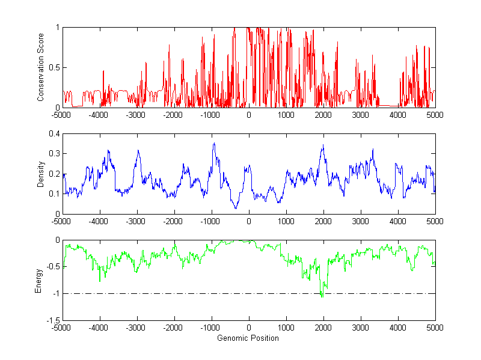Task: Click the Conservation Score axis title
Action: pos(40,67)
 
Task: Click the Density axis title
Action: pos(40,174)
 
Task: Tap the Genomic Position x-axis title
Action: pos(248,338)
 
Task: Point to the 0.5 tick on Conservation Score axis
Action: pos(54,67)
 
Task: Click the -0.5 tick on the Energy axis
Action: pos(52,267)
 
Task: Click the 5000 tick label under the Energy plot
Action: pos(435,328)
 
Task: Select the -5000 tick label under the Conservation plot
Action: pos(61,114)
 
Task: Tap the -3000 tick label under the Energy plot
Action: pos(136,328)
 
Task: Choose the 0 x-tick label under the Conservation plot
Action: pos(248,114)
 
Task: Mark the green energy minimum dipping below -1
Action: pos(322,296)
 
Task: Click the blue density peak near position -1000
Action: pos(214,144)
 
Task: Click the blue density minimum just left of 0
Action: pos(236,208)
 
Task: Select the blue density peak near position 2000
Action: pos(323,145)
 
